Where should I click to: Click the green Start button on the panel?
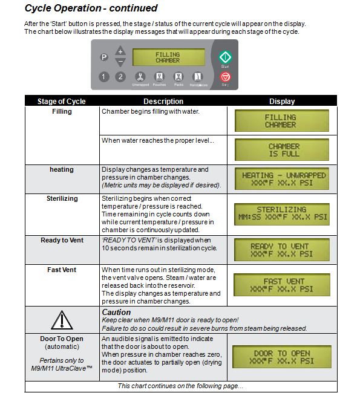pyautogui.click(x=225, y=57)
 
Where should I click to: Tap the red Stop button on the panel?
pyautogui.click(x=225, y=77)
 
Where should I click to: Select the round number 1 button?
pyautogui.click(x=103, y=77)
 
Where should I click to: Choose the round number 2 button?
pyautogui.click(x=120, y=77)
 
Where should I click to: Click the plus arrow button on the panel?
pyautogui.click(x=120, y=51)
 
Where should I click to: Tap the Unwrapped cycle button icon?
pyautogui.click(x=140, y=77)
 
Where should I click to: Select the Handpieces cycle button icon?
pyautogui.click(x=198, y=77)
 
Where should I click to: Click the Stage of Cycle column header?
pyautogui.click(x=62, y=101)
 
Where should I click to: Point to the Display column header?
pyautogui.click(x=282, y=101)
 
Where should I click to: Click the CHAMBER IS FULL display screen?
pyautogui.click(x=282, y=149)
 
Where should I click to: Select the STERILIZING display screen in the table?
pyautogui.click(x=282, y=214)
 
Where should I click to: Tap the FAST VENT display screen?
pyautogui.click(x=282, y=285)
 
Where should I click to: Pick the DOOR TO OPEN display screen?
pyautogui.click(x=282, y=357)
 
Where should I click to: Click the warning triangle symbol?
pyautogui.click(x=62, y=320)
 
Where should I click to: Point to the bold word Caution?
pyautogui.click(x=116, y=312)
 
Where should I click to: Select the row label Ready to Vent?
pyautogui.click(x=62, y=240)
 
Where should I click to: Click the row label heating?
pyautogui.click(x=62, y=170)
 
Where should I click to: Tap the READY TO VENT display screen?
pyautogui.click(x=282, y=250)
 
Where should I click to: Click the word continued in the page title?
pyautogui.click(x=133, y=8)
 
